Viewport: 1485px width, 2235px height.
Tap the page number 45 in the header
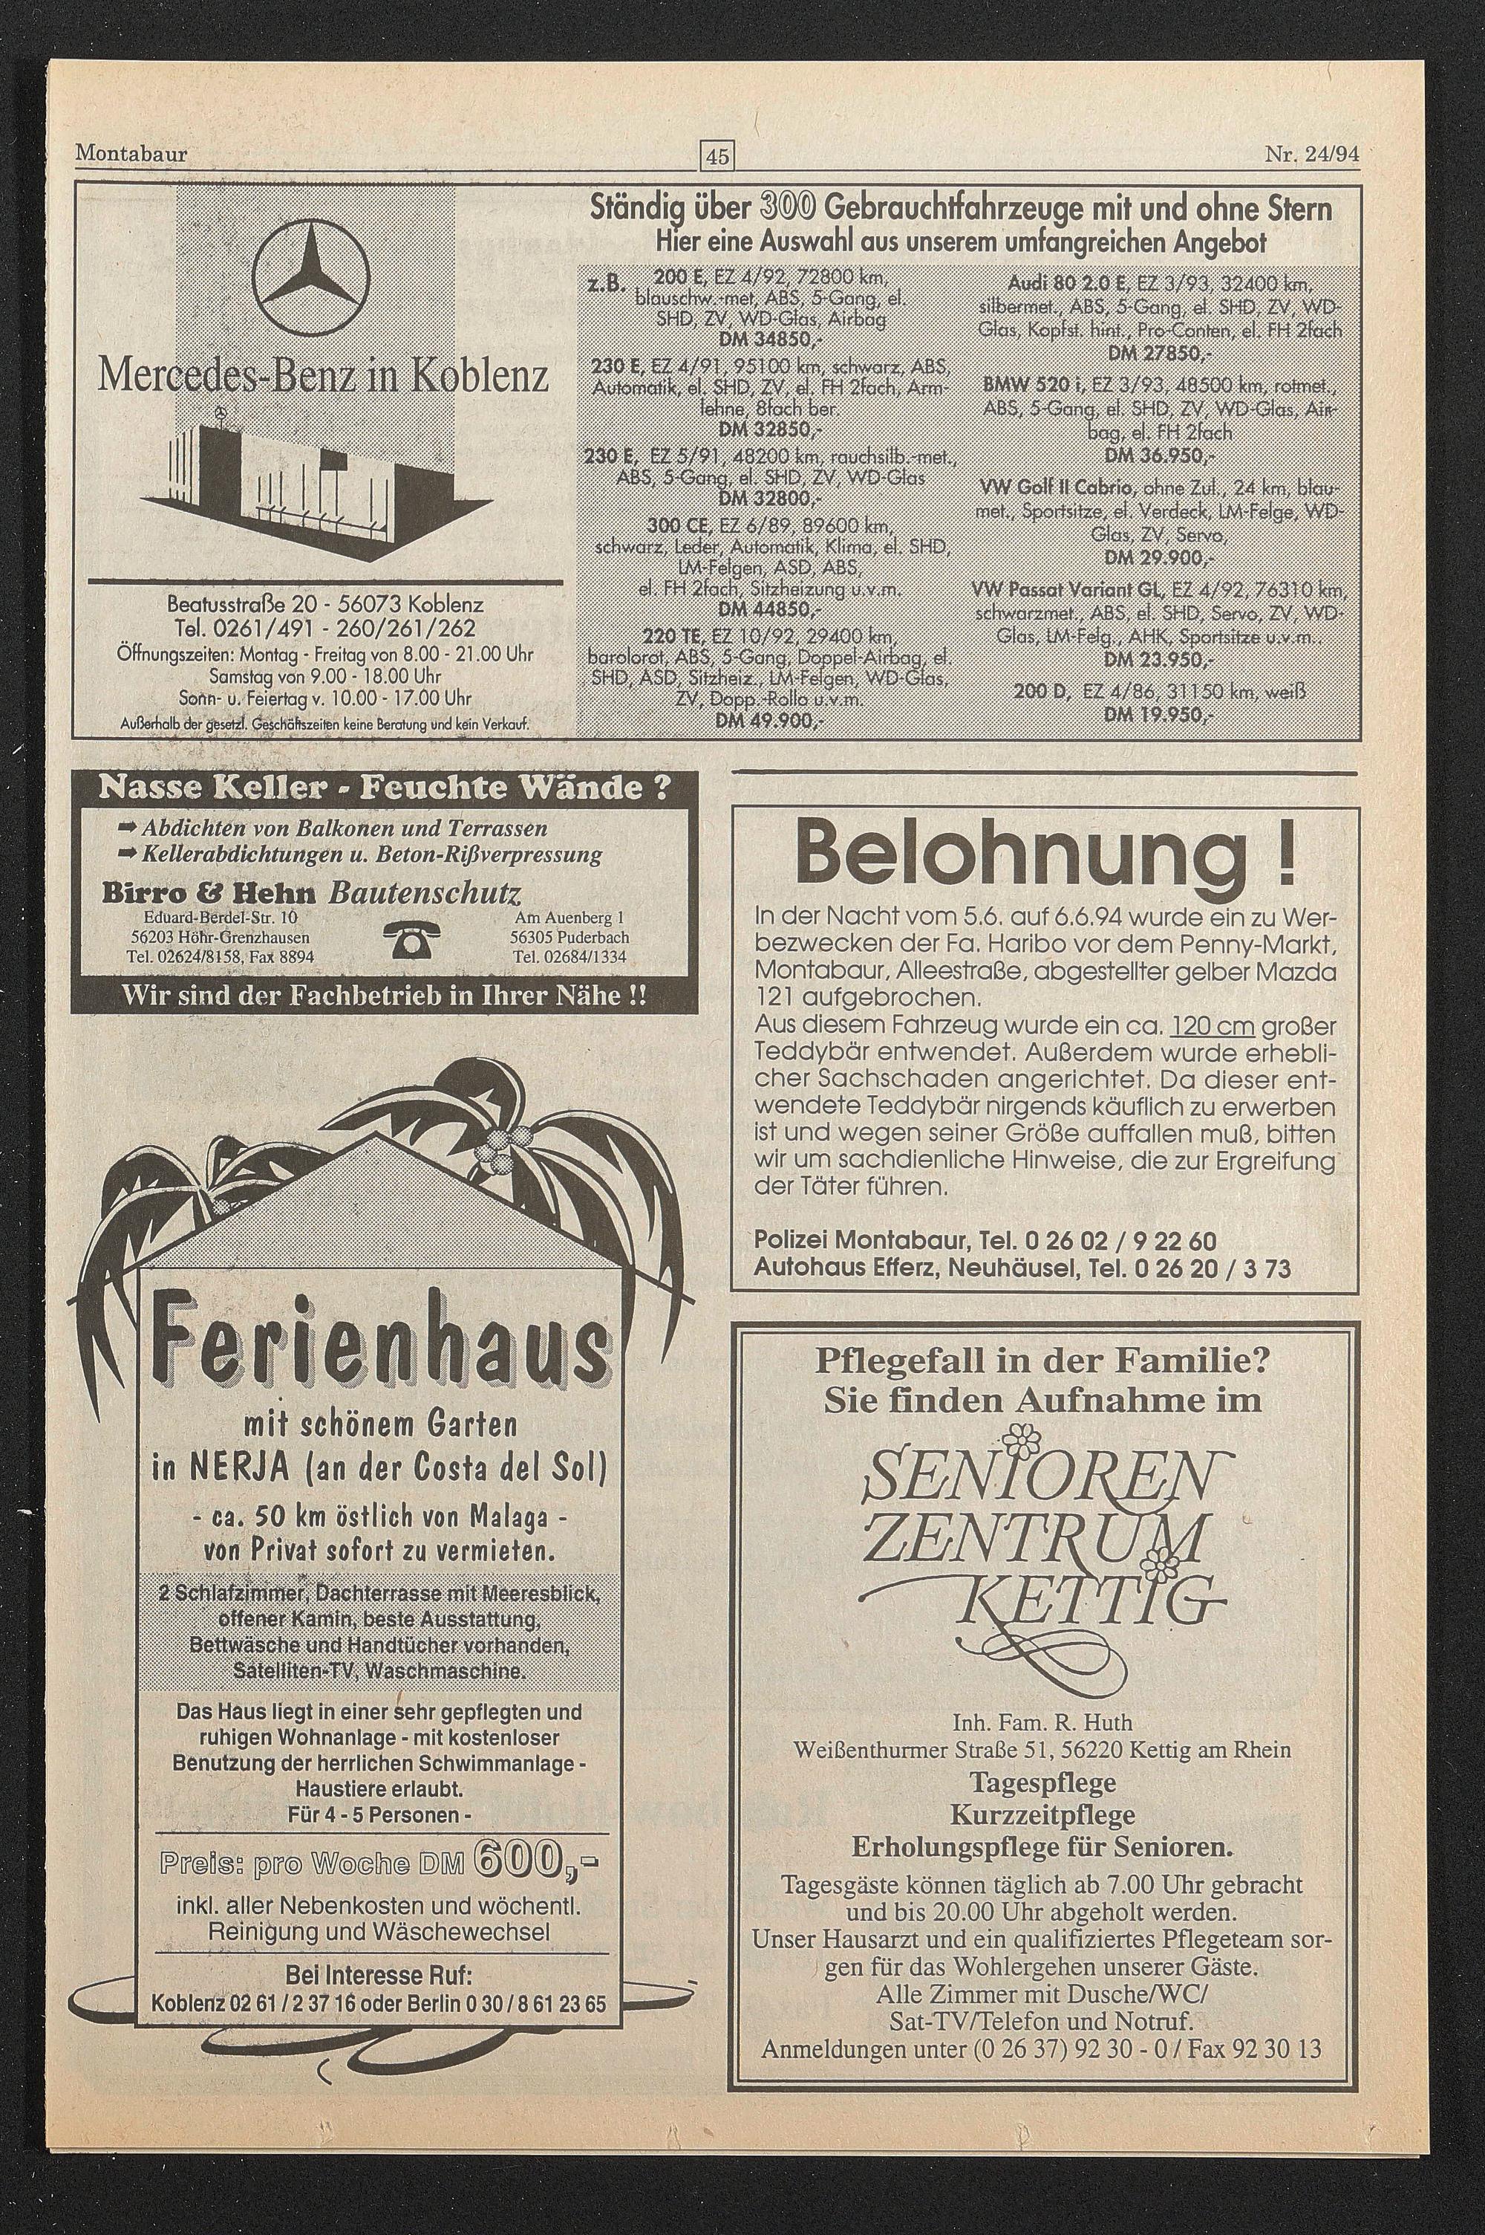718,155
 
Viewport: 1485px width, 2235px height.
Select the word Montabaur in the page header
131,152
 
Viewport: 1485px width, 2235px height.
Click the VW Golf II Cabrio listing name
1057,490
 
